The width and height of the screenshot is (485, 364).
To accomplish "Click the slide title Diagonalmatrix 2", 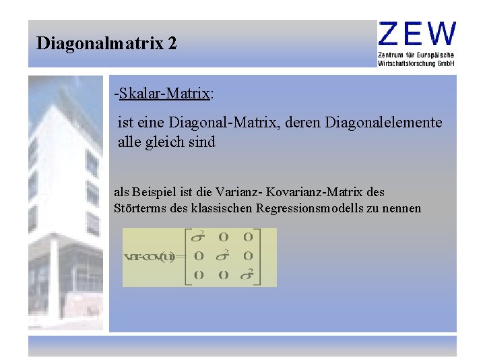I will [106, 44].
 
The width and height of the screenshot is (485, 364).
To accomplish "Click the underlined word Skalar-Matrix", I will [164, 94].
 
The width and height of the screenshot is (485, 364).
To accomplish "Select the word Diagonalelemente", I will [384, 123].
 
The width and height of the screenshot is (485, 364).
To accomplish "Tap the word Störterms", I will [138, 208].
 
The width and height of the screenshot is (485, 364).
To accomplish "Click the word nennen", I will [402, 208].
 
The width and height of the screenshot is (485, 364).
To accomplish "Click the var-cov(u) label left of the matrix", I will [149, 257].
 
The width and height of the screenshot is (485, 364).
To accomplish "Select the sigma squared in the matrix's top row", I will [198, 237].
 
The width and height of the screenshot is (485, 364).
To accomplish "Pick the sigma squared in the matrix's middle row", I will [224, 256].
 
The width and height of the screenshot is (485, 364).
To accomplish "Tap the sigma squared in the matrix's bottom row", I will [249, 274].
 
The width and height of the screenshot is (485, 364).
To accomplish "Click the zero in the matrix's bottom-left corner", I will [199, 275].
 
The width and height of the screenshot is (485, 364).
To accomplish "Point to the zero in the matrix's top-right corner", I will [249, 237].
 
